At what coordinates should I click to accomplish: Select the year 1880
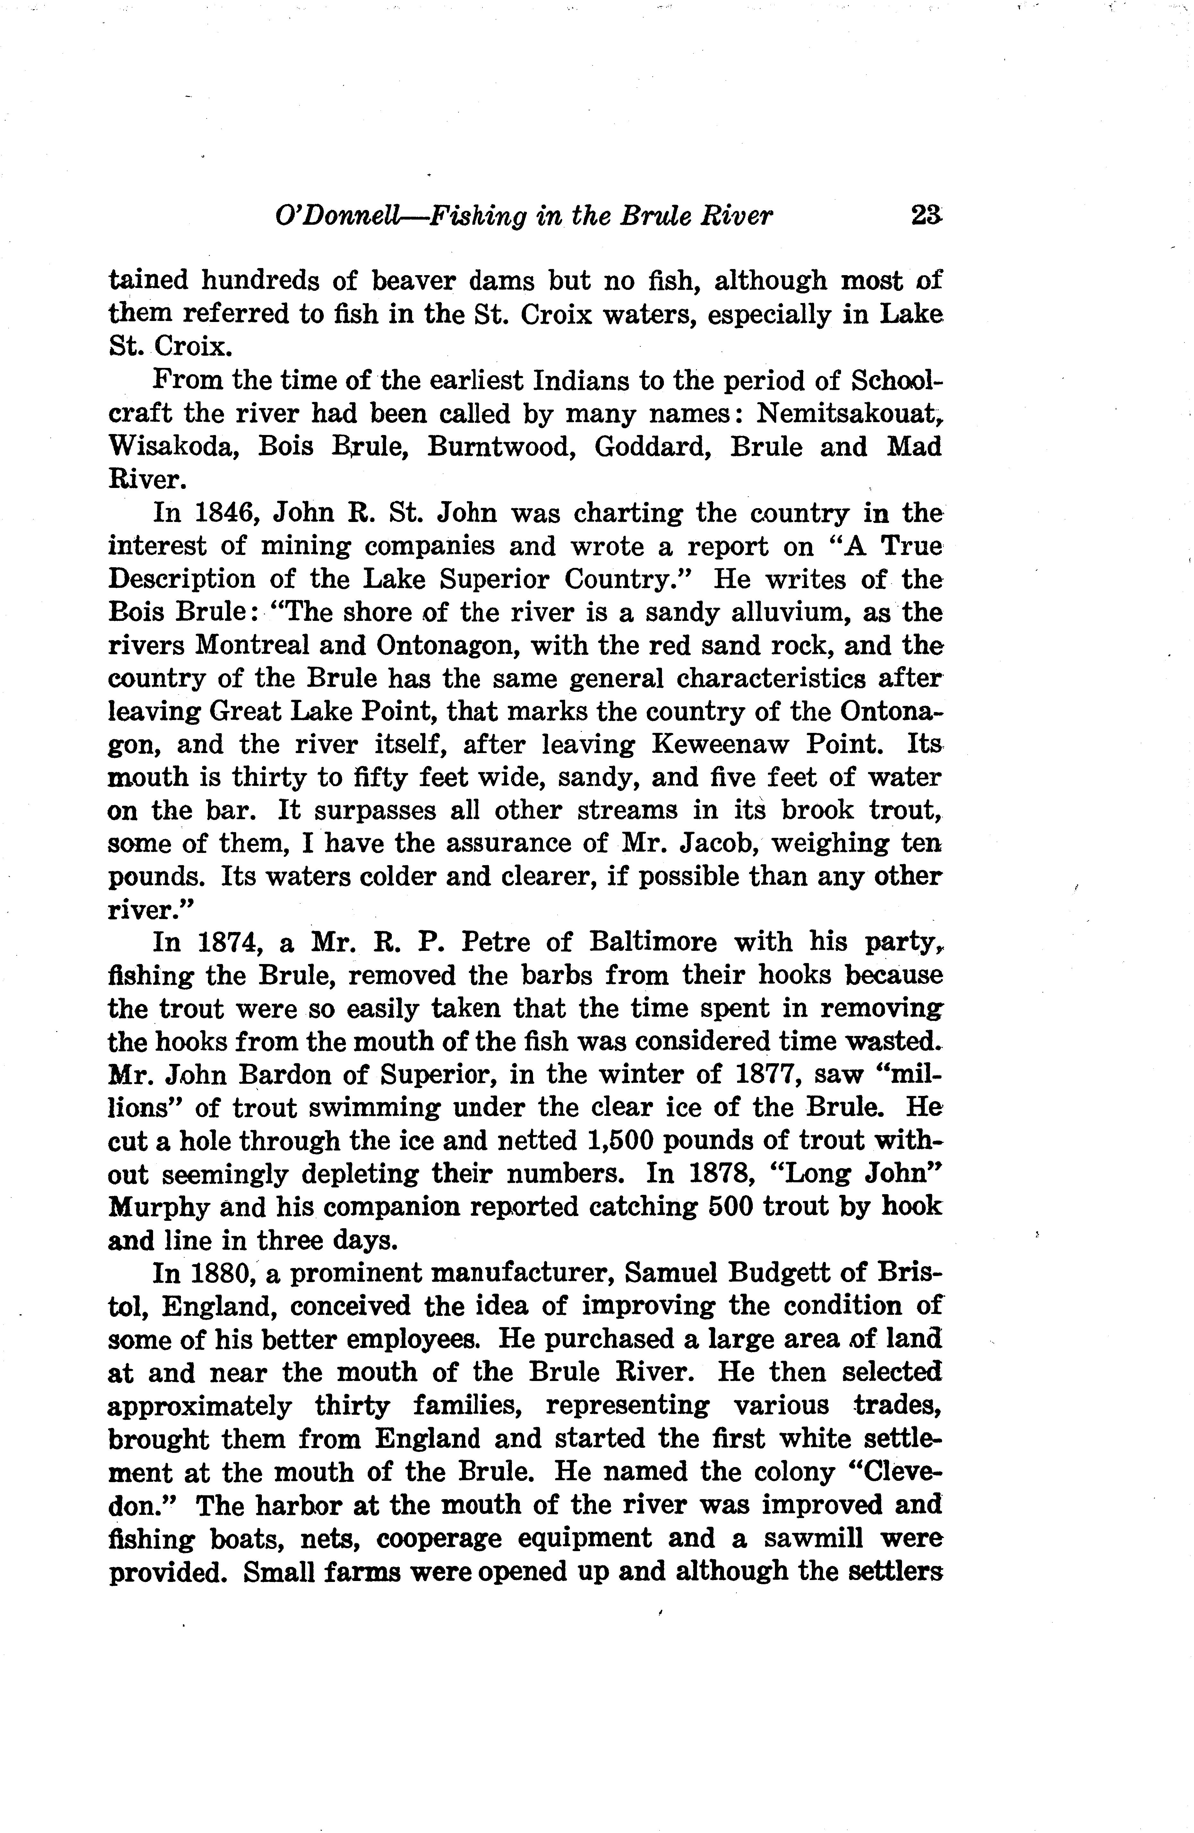tap(223, 1273)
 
